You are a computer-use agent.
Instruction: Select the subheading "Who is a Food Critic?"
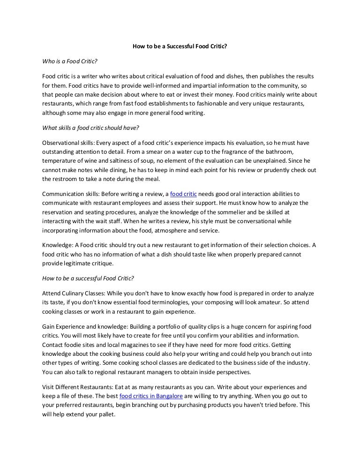69,61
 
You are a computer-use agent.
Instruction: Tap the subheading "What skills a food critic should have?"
90,128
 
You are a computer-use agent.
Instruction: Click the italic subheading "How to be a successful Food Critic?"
88,278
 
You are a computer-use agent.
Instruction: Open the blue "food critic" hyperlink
183,194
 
